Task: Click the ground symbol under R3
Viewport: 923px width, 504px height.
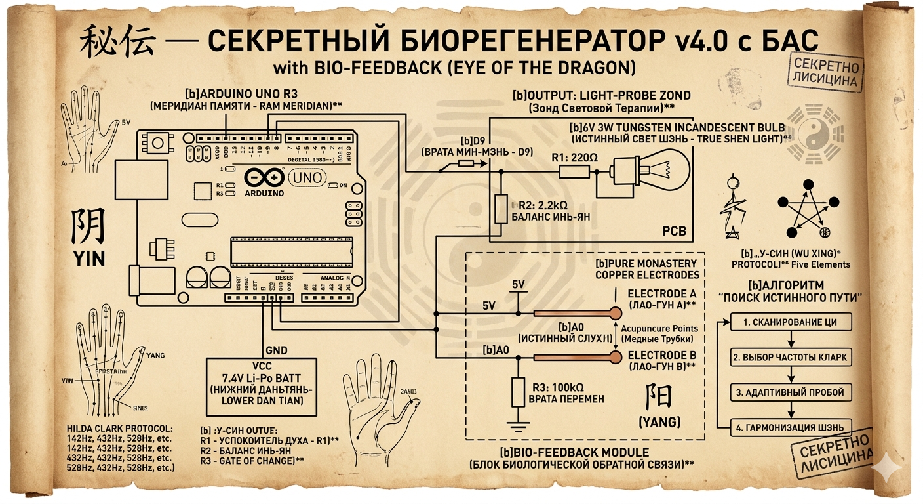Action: (518, 427)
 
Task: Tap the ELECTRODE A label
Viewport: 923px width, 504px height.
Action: (660, 293)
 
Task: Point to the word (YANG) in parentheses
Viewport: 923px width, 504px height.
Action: (659, 421)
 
